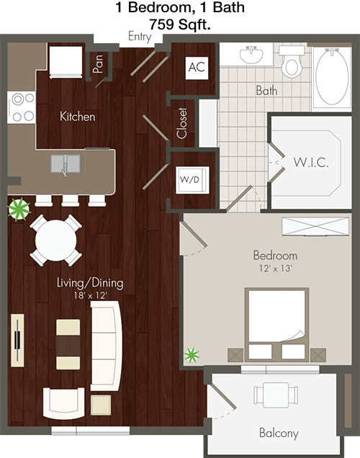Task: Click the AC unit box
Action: pyautogui.click(x=197, y=68)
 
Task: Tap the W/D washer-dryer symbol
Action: pyautogui.click(x=192, y=180)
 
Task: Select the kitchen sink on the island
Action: pyautogui.click(x=66, y=164)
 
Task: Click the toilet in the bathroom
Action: pyautogui.click(x=292, y=62)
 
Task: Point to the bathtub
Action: pyautogui.click(x=332, y=78)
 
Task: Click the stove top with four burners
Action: pyautogui.click(x=22, y=107)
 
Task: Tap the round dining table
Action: pyautogui.click(x=55, y=241)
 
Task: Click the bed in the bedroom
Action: pyautogui.click(x=276, y=325)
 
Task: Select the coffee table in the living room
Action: pyautogui.click(x=68, y=344)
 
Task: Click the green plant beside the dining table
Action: pyautogui.click(x=19, y=209)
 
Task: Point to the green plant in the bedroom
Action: pyautogui.click(x=192, y=356)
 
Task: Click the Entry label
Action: pyautogui.click(x=140, y=37)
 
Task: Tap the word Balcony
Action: pyautogui.click(x=279, y=433)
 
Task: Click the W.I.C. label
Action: pyautogui.click(x=311, y=162)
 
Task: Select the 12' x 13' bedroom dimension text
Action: pyautogui.click(x=276, y=268)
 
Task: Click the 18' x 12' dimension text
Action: pyautogui.click(x=90, y=295)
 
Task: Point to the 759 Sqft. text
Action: pyautogui.click(x=180, y=24)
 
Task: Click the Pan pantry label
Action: pyautogui.click(x=98, y=64)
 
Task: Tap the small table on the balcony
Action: pyautogui.click(x=276, y=395)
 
